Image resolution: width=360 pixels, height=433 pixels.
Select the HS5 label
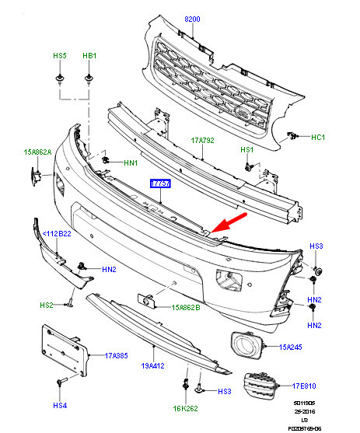(59, 57)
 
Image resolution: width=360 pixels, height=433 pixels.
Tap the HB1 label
(89, 57)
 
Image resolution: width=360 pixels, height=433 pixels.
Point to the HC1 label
(318, 137)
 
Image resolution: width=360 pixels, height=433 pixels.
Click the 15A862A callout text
(37, 153)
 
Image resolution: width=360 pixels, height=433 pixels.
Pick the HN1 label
(130, 163)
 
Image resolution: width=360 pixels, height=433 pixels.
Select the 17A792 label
(202, 141)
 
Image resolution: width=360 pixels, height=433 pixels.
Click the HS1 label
(247, 149)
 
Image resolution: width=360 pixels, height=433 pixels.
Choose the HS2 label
(47, 306)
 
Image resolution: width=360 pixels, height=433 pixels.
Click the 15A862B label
(187, 307)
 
